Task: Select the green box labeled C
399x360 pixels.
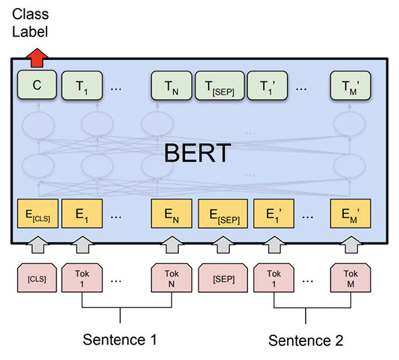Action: [x=37, y=84]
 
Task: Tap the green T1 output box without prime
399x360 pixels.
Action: [x=80, y=84]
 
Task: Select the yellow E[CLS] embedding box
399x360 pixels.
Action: [x=37, y=214]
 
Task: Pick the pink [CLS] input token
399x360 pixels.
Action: [x=37, y=278]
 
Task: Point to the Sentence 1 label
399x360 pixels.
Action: [x=120, y=340]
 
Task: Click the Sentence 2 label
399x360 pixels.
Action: [x=306, y=340]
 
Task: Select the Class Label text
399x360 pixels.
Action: [x=31, y=23]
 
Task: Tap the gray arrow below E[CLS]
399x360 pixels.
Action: [x=37, y=247]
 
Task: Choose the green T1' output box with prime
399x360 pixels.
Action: [x=269, y=84]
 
